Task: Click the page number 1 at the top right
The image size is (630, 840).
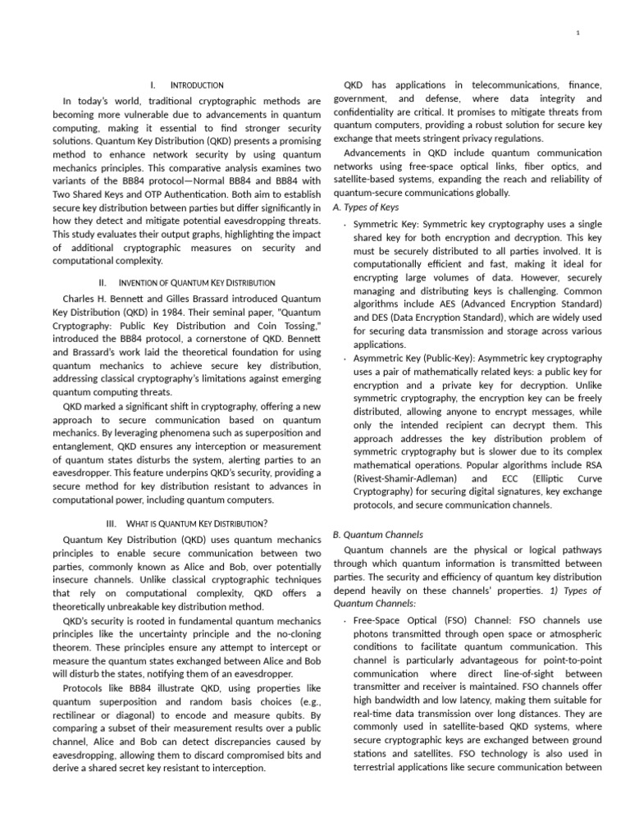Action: (x=578, y=32)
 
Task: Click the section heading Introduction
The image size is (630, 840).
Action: (x=196, y=85)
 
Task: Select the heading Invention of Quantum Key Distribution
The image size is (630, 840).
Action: (x=204, y=282)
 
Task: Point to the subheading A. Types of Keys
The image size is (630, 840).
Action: (x=366, y=207)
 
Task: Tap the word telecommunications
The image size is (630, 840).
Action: (x=514, y=84)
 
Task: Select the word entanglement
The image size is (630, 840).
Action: (x=85, y=433)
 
